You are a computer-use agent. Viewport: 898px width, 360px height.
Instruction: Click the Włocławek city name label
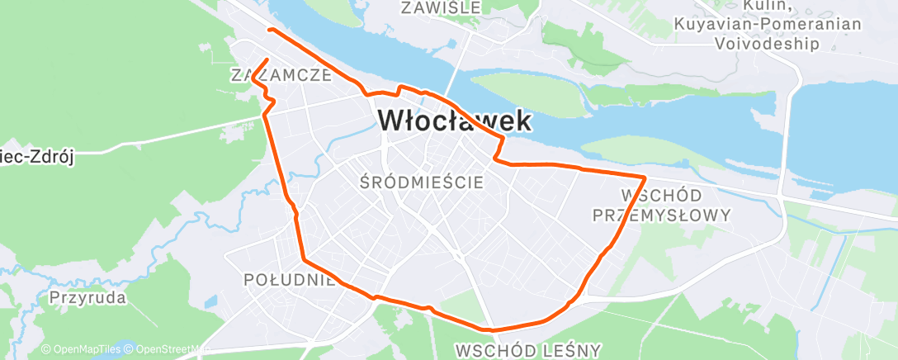[x=454, y=121]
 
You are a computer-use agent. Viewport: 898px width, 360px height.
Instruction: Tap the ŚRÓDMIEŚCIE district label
[x=422, y=182]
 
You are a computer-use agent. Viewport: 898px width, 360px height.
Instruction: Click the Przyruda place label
[x=87, y=297]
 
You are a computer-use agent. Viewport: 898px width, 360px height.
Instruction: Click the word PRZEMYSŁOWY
[x=663, y=216]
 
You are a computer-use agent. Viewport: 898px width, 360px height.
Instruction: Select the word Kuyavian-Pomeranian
[x=768, y=26]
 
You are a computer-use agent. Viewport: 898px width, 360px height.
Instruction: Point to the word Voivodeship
[x=768, y=44]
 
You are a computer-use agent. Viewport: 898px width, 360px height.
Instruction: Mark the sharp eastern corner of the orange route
[x=644, y=177]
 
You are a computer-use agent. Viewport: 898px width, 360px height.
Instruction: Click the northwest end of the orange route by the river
[x=269, y=31]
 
